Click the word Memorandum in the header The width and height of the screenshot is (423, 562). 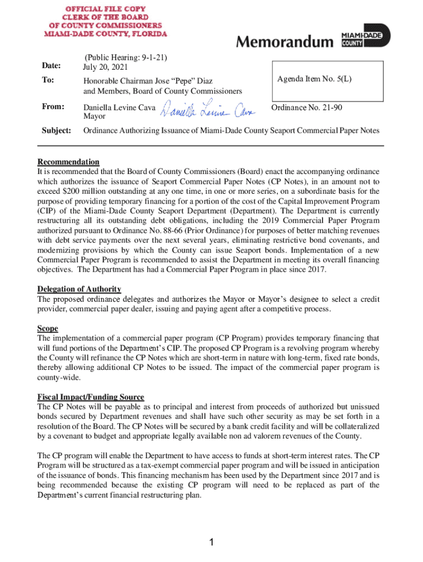[285, 42]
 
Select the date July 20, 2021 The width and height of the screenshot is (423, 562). [105, 68]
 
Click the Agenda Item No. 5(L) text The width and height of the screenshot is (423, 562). [314, 80]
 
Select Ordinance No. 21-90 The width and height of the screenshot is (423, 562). [307, 108]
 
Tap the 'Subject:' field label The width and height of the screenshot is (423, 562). [57, 131]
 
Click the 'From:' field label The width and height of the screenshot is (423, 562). [53, 106]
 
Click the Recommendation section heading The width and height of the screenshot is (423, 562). [68, 162]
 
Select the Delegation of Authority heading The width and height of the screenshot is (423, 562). [79, 289]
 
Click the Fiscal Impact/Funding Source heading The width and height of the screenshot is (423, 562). [91, 397]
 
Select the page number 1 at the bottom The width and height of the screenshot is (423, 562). [211, 543]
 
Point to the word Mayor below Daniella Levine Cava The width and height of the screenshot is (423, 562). [94, 117]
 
